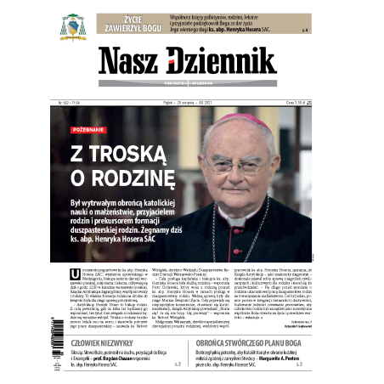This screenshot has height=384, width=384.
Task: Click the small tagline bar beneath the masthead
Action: tap(192, 82)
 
